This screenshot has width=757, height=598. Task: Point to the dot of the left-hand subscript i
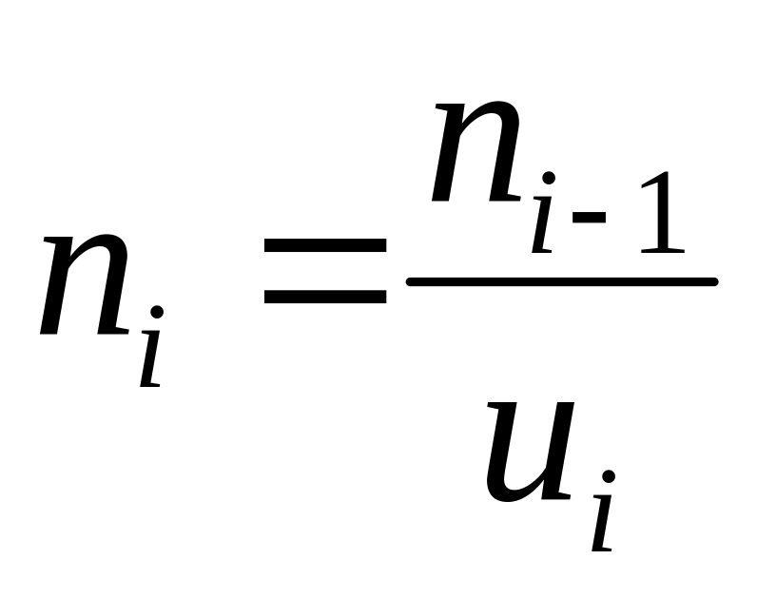point(156,313)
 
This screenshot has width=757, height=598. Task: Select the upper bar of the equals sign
point(325,245)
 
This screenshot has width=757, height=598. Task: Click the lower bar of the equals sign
point(325,298)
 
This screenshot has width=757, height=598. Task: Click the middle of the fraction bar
point(561,281)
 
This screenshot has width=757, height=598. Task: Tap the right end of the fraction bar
point(712,281)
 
